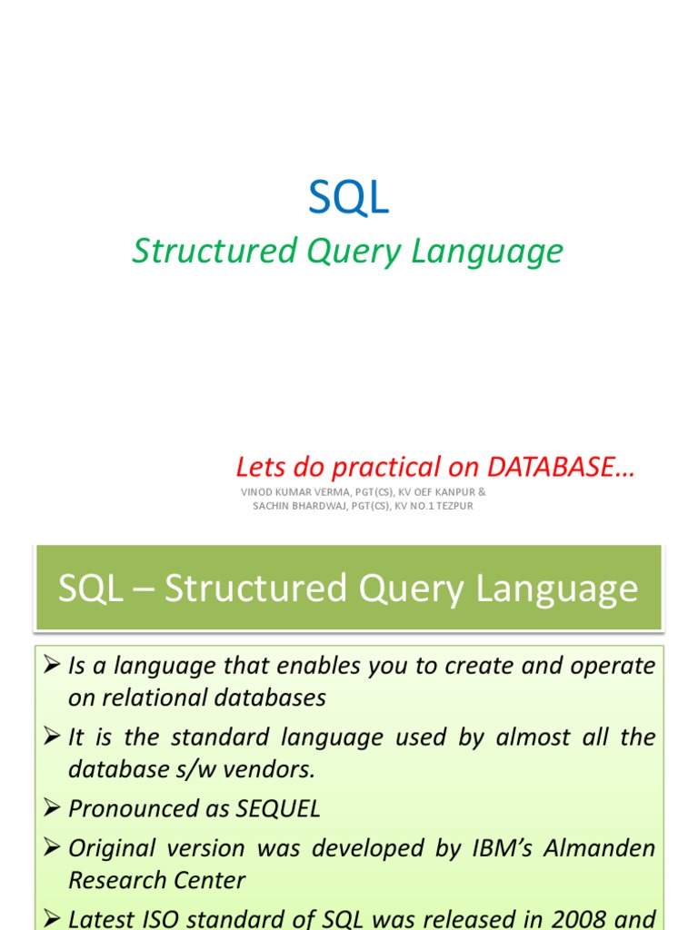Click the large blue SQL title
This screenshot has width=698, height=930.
pos(348,197)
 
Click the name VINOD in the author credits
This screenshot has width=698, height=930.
pos(258,492)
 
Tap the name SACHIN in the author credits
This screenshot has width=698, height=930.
pos(273,506)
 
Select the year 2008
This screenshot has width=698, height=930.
pos(572,918)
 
